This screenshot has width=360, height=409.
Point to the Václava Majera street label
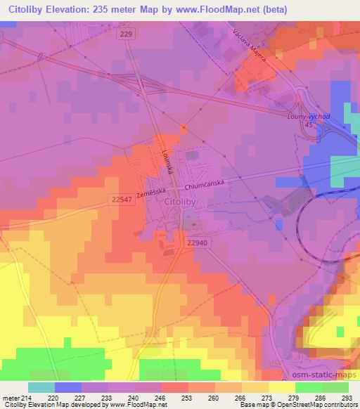tap(250, 48)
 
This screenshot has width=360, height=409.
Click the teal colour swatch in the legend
tap(41, 387)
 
